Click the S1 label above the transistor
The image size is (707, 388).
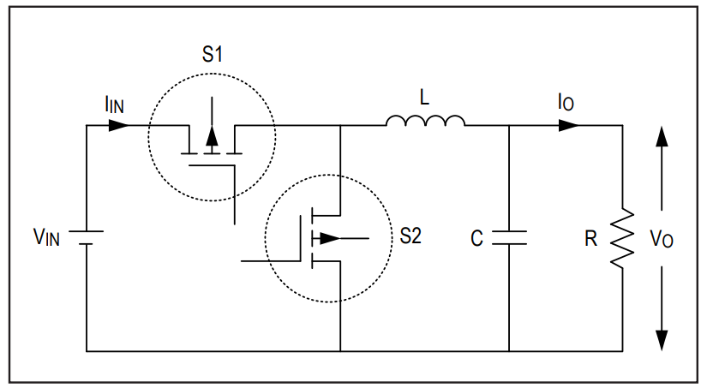(x=212, y=54)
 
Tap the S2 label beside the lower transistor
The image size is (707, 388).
(x=410, y=236)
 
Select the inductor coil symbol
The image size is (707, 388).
(x=425, y=121)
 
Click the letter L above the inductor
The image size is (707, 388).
(x=424, y=98)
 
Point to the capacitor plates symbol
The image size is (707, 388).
(x=509, y=238)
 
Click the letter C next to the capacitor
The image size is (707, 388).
(x=476, y=238)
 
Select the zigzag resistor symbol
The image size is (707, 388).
(x=623, y=238)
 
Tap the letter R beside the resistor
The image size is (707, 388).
(x=590, y=238)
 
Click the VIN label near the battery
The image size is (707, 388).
(x=46, y=237)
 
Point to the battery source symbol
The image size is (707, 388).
(x=86, y=238)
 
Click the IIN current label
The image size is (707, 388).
(x=114, y=104)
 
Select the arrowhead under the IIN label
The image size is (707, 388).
(x=119, y=125)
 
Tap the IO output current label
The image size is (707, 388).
(x=566, y=102)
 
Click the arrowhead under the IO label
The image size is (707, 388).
(x=569, y=125)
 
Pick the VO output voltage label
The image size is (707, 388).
(x=662, y=238)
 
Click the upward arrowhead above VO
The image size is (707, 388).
(x=662, y=136)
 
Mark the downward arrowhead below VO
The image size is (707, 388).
(x=662, y=340)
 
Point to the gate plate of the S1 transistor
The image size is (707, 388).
(x=212, y=166)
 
